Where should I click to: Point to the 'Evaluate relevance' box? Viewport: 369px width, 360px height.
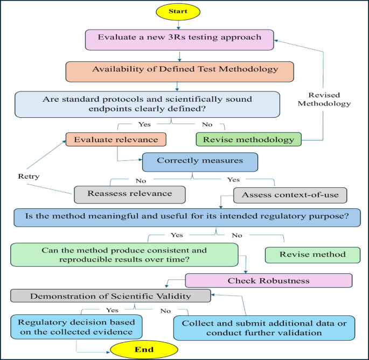point(116,139)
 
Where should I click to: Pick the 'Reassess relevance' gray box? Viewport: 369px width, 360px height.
point(129,193)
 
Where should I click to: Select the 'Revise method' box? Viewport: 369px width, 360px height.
point(313,255)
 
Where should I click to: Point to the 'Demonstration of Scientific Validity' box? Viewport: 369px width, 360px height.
point(110,295)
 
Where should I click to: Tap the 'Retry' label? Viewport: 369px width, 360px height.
point(29,175)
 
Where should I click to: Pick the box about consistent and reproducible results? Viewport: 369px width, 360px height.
point(124,255)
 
